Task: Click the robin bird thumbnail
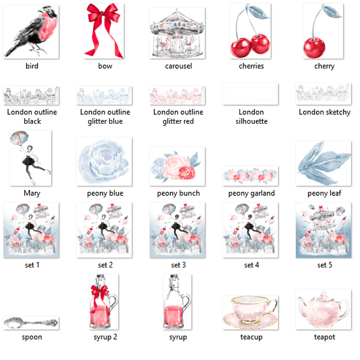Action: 31,32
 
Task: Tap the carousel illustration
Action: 178,33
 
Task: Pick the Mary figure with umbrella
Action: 31,159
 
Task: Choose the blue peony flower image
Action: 104,162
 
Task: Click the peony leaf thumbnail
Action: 324,164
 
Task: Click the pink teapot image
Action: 324,309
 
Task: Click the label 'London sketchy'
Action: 324,112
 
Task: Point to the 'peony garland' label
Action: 251,193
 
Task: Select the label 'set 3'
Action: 178,265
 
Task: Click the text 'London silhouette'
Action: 251,117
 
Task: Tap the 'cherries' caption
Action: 251,66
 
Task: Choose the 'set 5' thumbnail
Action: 324,230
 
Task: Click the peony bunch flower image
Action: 178,167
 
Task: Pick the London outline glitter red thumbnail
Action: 178,95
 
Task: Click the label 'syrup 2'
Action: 105,337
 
